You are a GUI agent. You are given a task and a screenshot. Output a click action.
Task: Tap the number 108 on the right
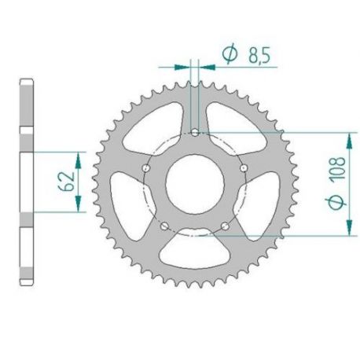tap(337, 185)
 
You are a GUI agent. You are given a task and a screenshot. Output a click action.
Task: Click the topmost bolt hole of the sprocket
tap(196, 134)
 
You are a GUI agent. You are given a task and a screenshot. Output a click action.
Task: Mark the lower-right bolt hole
tap(226, 226)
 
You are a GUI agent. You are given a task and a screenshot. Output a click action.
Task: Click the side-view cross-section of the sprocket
tap(27, 181)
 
